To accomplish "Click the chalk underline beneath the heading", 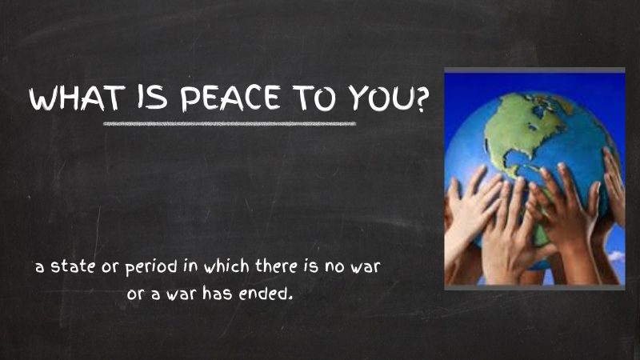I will [x=230, y=124].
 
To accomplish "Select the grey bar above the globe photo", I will [x=534, y=71].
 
